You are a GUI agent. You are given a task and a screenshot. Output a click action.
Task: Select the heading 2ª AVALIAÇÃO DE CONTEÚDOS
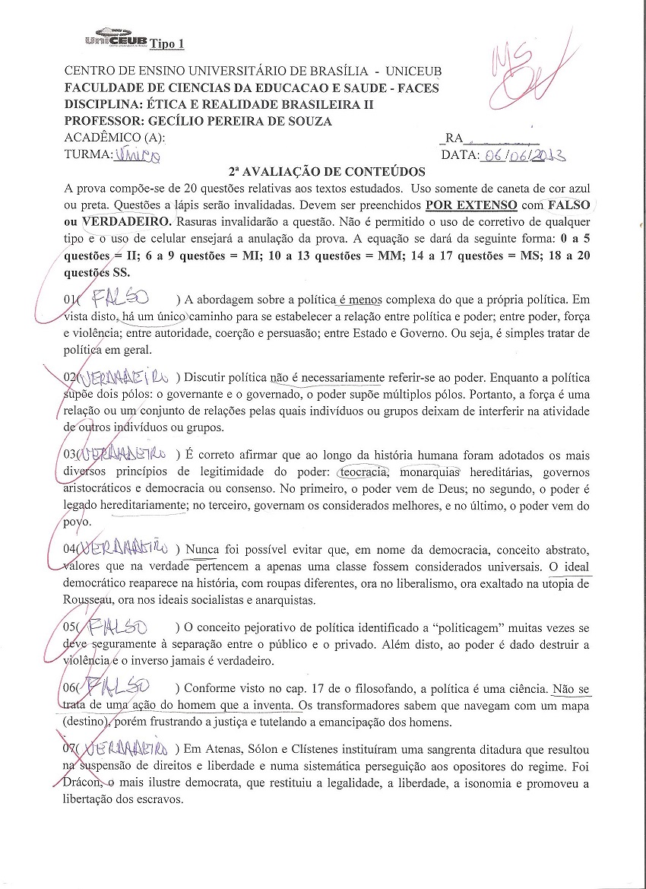[327, 172]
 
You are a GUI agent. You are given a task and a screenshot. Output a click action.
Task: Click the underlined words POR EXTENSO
[470, 205]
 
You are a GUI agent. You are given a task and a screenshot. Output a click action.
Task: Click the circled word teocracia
[363, 471]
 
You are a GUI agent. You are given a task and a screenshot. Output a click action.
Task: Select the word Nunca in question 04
[201, 548]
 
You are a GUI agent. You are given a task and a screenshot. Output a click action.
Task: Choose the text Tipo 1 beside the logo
[167, 43]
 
